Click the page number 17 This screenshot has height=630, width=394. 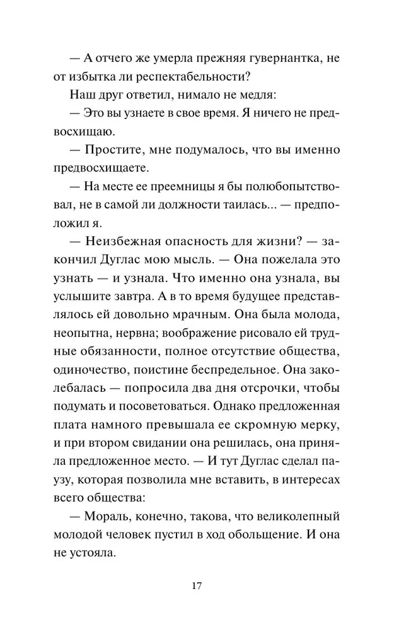(197, 586)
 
